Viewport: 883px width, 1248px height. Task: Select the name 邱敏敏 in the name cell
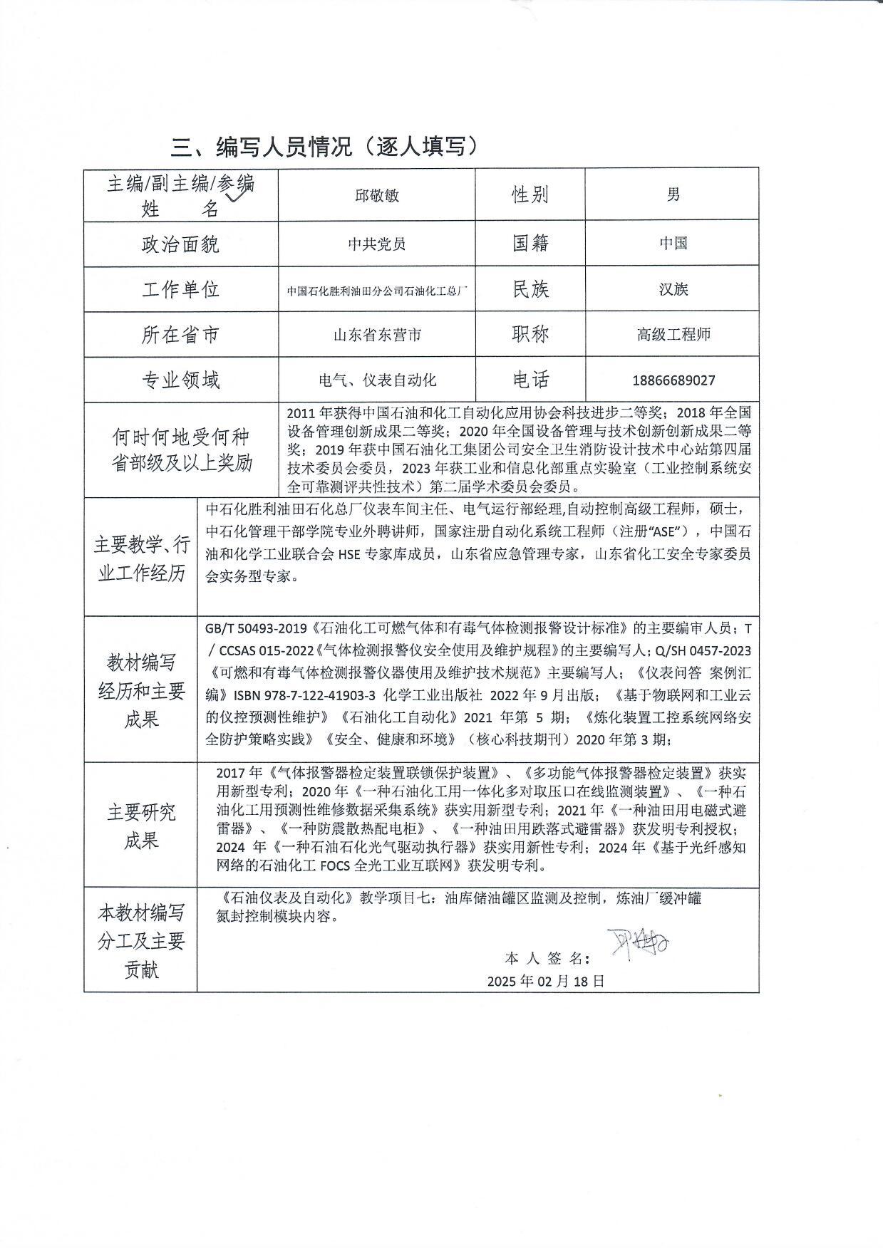click(x=376, y=194)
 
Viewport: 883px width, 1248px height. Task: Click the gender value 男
click(x=673, y=194)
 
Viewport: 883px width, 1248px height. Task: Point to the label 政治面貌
click(x=180, y=244)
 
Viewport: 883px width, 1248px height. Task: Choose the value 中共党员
click(x=376, y=244)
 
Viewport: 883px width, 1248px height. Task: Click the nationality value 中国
click(x=673, y=244)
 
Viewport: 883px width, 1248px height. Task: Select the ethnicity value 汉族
click(x=673, y=289)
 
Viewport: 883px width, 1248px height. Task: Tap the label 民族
click(x=530, y=289)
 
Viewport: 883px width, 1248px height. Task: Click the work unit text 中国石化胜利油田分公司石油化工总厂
click(x=377, y=291)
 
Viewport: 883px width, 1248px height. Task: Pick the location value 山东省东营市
click(x=377, y=335)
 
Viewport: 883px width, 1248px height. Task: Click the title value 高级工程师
click(x=673, y=334)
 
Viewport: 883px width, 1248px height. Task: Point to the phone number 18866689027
click(x=673, y=380)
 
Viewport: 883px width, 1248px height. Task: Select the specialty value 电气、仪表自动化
click(x=377, y=380)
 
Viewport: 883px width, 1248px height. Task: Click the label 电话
click(x=530, y=380)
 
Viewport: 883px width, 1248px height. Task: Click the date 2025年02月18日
click(x=546, y=980)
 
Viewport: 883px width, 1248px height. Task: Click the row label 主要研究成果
click(x=141, y=826)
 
